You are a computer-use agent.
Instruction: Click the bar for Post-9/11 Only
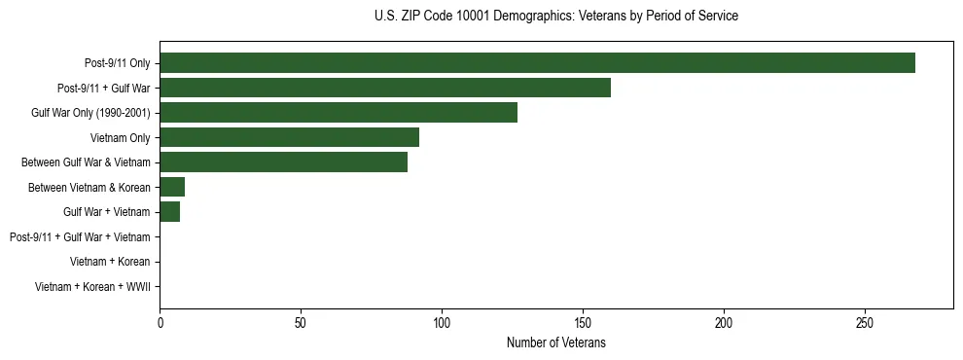(537, 63)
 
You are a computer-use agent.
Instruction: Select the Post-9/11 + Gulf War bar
(385, 88)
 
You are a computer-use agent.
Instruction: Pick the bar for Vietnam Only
(289, 137)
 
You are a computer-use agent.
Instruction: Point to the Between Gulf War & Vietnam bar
(283, 162)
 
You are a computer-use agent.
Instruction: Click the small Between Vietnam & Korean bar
(172, 187)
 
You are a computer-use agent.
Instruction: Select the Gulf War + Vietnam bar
(170, 211)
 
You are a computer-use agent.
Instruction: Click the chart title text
(555, 17)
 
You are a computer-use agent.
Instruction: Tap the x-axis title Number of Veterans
(555, 342)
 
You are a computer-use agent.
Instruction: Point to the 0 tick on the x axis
(160, 321)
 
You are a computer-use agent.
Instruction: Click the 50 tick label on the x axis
(301, 321)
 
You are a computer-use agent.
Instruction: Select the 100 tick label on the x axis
(442, 321)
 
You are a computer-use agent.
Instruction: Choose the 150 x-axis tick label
(583, 321)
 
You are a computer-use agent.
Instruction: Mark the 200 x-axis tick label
(724, 321)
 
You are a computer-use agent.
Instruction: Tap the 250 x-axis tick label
(865, 321)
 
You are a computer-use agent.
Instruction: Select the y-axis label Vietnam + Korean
(110, 262)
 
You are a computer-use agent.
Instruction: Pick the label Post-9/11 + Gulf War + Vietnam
(80, 236)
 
